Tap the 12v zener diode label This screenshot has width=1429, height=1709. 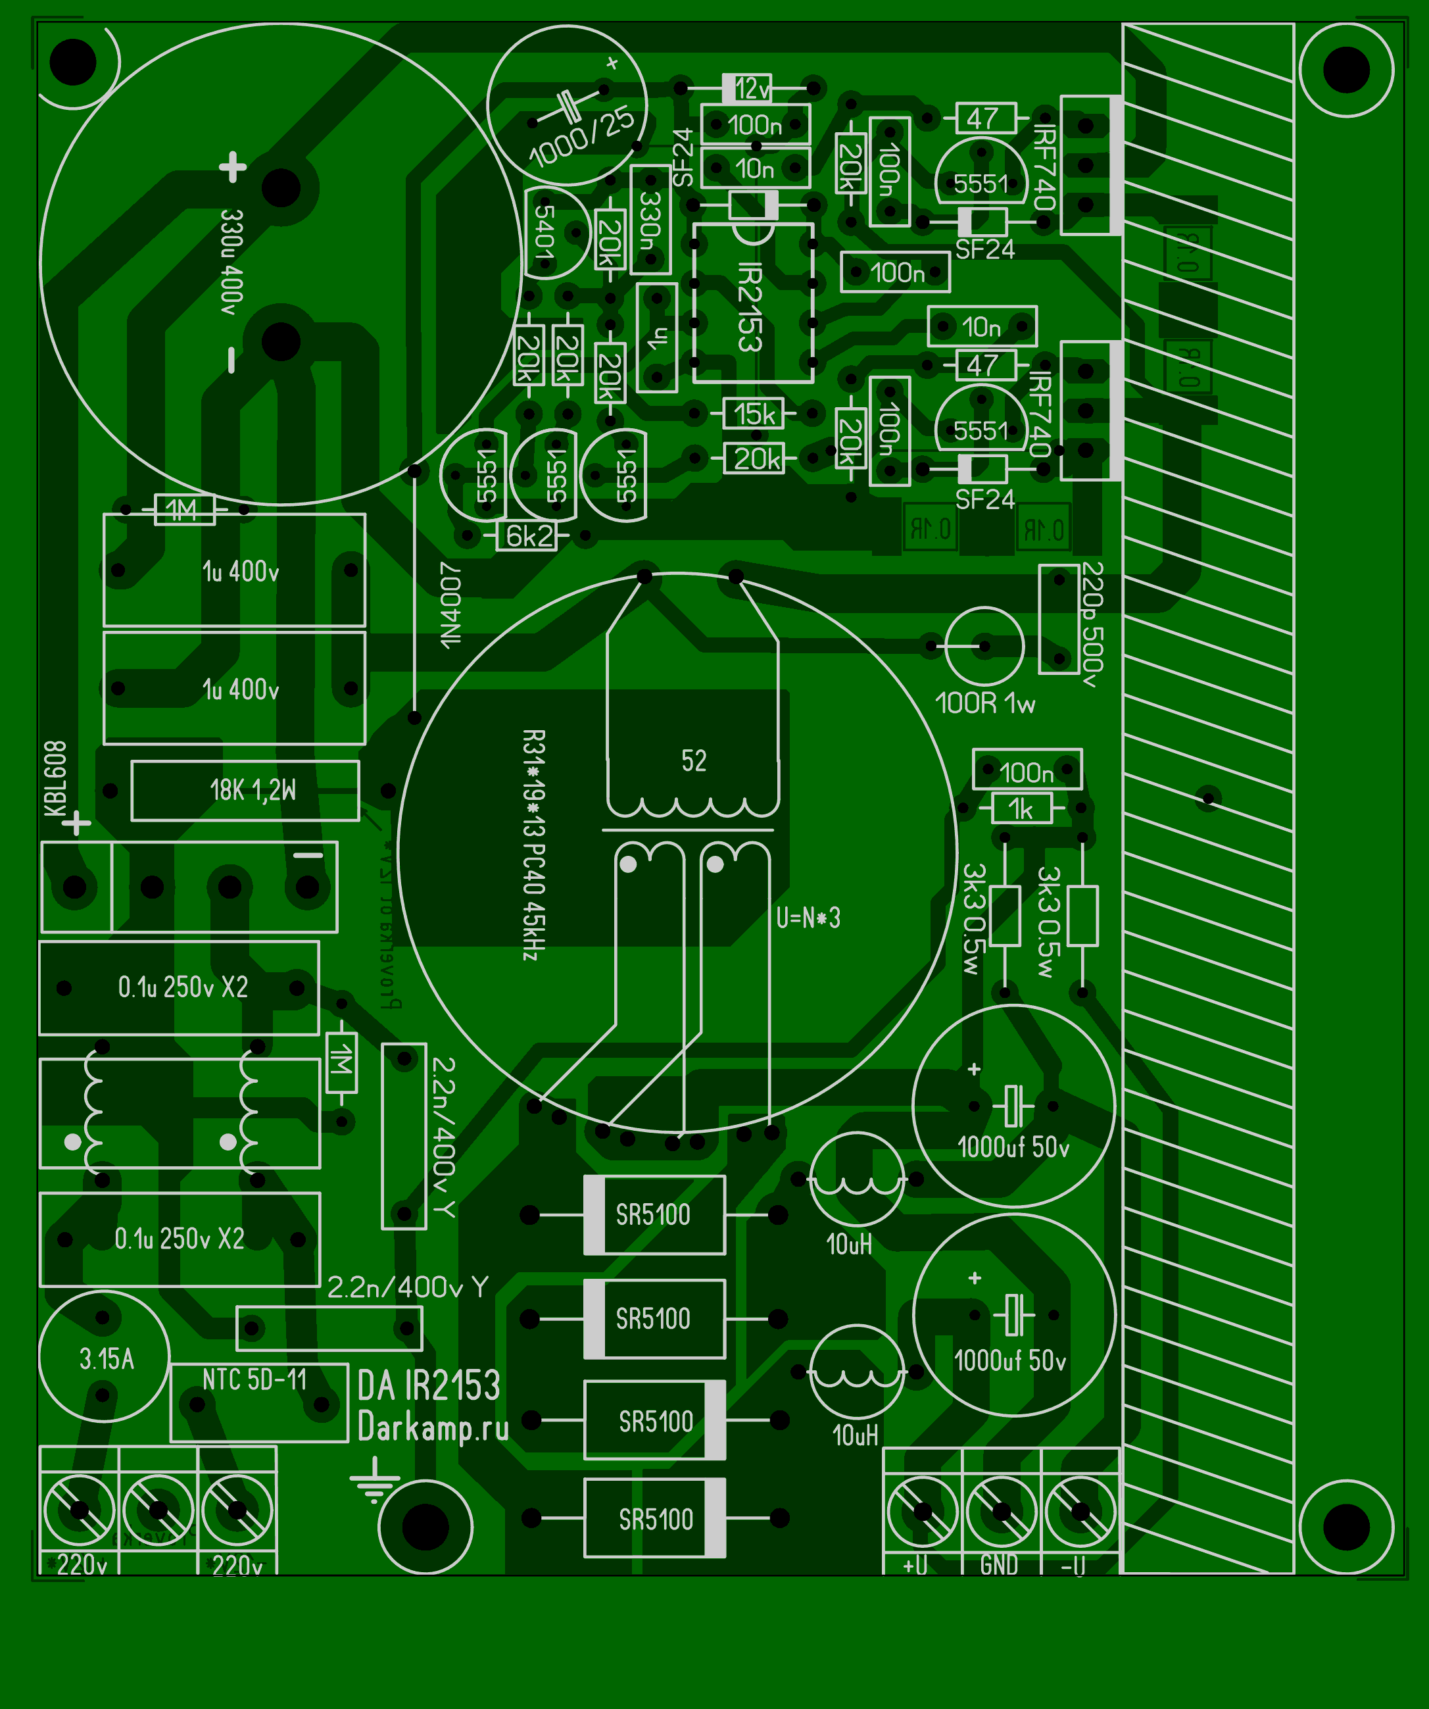coord(752,88)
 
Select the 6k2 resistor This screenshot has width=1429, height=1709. coord(528,535)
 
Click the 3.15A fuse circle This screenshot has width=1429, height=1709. coord(104,1358)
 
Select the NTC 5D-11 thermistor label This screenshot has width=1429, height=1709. coord(254,1379)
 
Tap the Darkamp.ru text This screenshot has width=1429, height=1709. coord(433,1428)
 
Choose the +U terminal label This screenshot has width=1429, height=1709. coord(915,1564)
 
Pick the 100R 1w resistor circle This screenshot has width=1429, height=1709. coord(984,646)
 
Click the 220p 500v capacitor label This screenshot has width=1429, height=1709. coord(1092,624)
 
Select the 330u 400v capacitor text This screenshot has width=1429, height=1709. coord(232,262)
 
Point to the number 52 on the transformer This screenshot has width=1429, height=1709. coord(693,761)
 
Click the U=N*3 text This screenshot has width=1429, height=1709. coord(808,918)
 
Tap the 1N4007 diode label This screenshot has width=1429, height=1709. coord(450,605)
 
